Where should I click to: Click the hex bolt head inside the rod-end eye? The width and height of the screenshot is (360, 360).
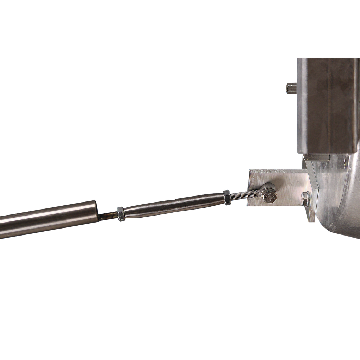point(270,197)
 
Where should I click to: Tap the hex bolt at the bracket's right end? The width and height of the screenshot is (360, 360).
point(305,199)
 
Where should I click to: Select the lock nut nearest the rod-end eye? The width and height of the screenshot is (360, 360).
point(227,197)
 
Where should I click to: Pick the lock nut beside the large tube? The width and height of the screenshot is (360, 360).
point(121,214)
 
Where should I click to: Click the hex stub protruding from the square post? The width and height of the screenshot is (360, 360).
point(290,87)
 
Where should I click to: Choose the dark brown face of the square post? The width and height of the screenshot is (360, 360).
point(329,105)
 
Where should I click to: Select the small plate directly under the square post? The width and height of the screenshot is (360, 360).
point(316,157)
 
